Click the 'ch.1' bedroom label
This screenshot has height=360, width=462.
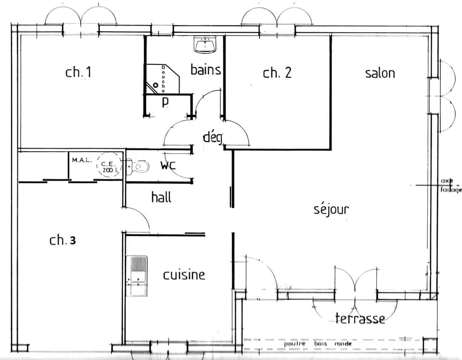coord(78,73)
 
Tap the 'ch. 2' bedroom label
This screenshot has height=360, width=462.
coord(277,73)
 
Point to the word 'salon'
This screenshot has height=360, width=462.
coord(380,73)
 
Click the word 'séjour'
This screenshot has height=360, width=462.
coord(331,209)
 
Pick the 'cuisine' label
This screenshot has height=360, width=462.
coord(184,275)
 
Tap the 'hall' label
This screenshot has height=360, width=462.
coord(161,197)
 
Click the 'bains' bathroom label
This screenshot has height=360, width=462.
coord(205,70)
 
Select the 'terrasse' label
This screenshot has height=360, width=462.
coord(360,318)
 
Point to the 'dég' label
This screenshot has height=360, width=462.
coord(212,138)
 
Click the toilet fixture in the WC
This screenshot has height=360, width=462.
coord(137,167)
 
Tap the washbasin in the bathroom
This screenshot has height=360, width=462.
coord(205,45)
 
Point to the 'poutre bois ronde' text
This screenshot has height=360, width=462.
coord(318,344)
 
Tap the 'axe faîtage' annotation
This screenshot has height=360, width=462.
coord(450,185)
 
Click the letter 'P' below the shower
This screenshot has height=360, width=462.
coord(165,102)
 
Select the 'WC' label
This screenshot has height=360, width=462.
coord(168,166)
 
